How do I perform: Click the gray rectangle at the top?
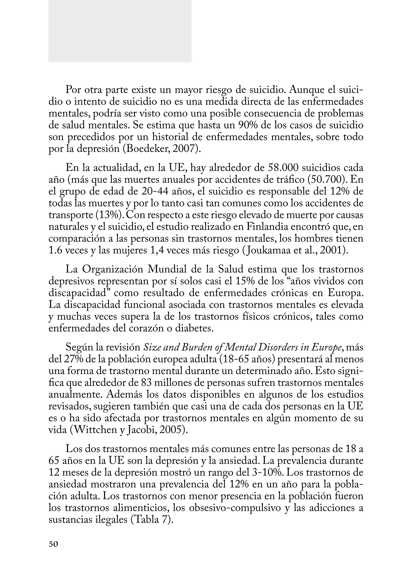click(120, 31)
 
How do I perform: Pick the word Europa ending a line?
click(345, 293)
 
